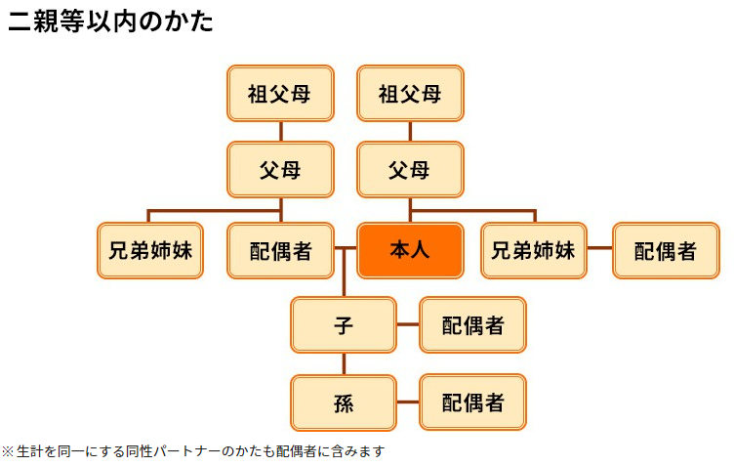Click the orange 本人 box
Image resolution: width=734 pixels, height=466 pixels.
[410, 250]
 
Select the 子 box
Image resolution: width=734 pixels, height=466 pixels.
[344, 325]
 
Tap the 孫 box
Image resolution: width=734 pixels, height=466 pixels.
[344, 402]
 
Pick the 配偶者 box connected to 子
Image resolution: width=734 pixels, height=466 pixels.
[472, 325]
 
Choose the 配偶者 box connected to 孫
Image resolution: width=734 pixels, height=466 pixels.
[472, 402]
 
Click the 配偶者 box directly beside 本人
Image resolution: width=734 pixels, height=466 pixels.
[280, 250]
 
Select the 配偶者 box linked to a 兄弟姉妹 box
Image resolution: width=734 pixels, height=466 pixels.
[666, 250]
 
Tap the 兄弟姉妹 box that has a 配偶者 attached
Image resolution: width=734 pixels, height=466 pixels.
[534, 250]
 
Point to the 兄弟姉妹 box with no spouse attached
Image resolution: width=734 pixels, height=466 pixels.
[150, 250]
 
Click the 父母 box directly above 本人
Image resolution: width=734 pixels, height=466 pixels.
[410, 170]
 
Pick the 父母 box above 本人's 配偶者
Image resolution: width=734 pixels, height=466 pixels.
[280, 170]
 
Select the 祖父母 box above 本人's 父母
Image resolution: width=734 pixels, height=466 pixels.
[410, 93]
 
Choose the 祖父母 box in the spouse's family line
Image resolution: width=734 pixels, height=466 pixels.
[280, 93]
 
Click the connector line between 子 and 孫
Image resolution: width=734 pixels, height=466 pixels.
[344, 363]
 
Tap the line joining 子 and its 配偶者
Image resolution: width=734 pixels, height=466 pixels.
[408, 324]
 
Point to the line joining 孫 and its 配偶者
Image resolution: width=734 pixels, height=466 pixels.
[408, 402]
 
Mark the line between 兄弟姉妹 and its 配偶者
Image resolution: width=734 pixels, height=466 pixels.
[599, 248]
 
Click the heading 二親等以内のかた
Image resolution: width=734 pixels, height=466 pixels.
[111, 21]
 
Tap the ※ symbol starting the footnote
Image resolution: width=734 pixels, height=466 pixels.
[8, 451]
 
